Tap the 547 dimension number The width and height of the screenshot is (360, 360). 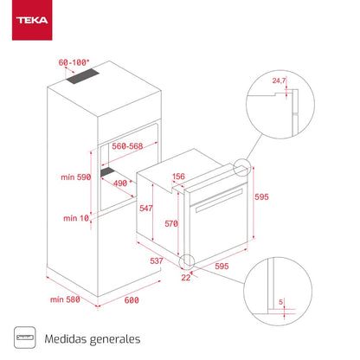point(146,209)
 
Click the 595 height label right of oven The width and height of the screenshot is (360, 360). point(261,197)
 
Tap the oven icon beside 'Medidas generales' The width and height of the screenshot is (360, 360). point(24,340)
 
